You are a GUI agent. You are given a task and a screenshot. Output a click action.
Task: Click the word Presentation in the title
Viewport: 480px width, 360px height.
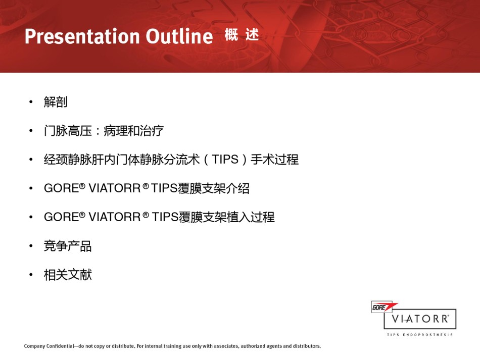[82, 36]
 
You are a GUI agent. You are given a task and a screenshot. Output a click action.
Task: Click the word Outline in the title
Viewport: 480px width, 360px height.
[179, 36]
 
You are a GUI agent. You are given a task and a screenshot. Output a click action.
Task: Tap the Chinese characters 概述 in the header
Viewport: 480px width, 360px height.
[242, 34]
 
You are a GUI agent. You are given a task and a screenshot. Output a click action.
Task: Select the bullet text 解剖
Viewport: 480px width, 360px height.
[56, 102]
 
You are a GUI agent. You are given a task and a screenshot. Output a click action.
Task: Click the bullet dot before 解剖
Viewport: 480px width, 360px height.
[31, 102]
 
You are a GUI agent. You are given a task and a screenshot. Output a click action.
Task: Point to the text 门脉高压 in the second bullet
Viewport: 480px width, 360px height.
[68, 131]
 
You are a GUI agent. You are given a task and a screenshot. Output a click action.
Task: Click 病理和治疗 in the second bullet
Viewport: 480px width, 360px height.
[133, 131]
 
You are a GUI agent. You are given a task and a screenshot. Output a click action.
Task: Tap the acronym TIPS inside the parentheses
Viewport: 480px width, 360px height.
[225, 160]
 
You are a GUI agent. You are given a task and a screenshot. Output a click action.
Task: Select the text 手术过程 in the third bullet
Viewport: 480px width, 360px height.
[274, 160]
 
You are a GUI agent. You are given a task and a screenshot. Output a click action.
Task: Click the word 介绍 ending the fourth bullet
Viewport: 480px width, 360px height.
[237, 188]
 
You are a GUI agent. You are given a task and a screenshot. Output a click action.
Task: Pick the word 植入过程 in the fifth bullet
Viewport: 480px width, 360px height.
[251, 217]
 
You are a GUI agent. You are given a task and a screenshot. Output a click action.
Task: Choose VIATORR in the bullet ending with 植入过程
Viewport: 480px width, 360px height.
[115, 217]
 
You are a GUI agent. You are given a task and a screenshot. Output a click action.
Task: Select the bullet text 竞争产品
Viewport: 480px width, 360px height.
[68, 246]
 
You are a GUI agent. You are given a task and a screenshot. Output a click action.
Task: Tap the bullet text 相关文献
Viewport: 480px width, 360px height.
[68, 275]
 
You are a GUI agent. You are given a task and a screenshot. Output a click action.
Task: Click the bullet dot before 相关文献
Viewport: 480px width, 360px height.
[31, 275]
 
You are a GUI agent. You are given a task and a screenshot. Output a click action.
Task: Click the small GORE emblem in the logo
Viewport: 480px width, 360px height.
[382, 307]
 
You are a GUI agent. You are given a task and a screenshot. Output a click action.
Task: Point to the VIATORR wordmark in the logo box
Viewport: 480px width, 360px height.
[420, 319]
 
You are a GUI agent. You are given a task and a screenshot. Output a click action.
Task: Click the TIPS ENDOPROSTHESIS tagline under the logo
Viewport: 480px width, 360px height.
[420, 335]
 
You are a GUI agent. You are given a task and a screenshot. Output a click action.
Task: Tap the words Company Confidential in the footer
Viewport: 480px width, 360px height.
[49, 346]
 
